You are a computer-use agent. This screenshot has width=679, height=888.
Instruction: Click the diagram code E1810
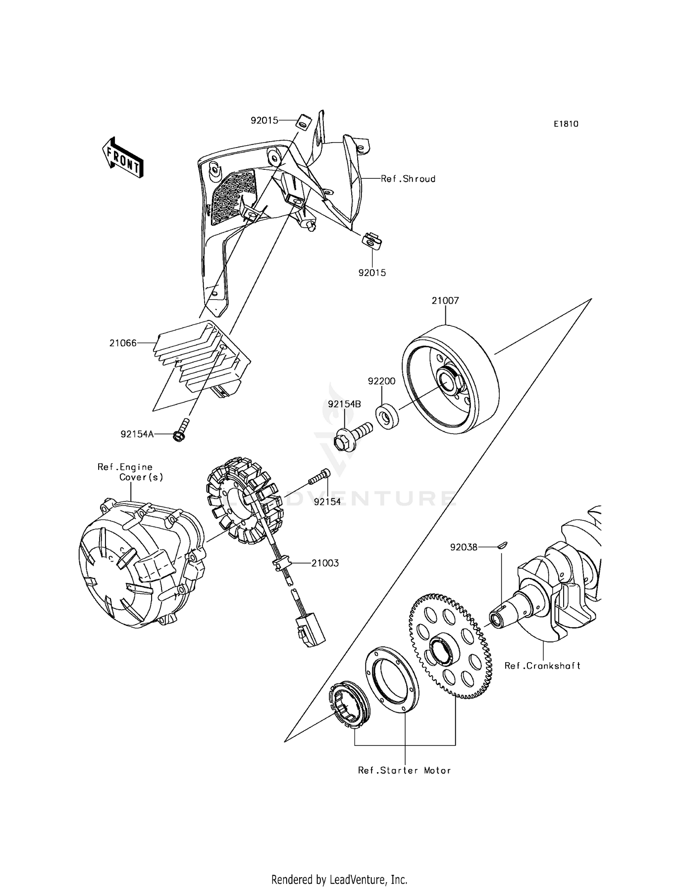pyautogui.click(x=566, y=124)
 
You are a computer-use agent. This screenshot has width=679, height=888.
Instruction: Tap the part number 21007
pyautogui.click(x=445, y=301)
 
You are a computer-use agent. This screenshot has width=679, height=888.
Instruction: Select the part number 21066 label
pyautogui.click(x=123, y=343)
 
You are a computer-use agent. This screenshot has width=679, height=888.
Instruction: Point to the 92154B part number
pyautogui.click(x=344, y=404)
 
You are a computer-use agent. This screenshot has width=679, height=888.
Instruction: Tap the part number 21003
pyautogui.click(x=325, y=563)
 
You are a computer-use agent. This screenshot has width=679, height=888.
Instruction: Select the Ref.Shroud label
pyautogui.click(x=408, y=179)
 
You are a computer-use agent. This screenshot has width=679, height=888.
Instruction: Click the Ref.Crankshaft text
pyautogui.click(x=542, y=665)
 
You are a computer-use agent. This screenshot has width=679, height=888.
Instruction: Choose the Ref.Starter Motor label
pyautogui.click(x=404, y=770)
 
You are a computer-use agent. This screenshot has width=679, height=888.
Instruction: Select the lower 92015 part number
pyautogui.click(x=372, y=273)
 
